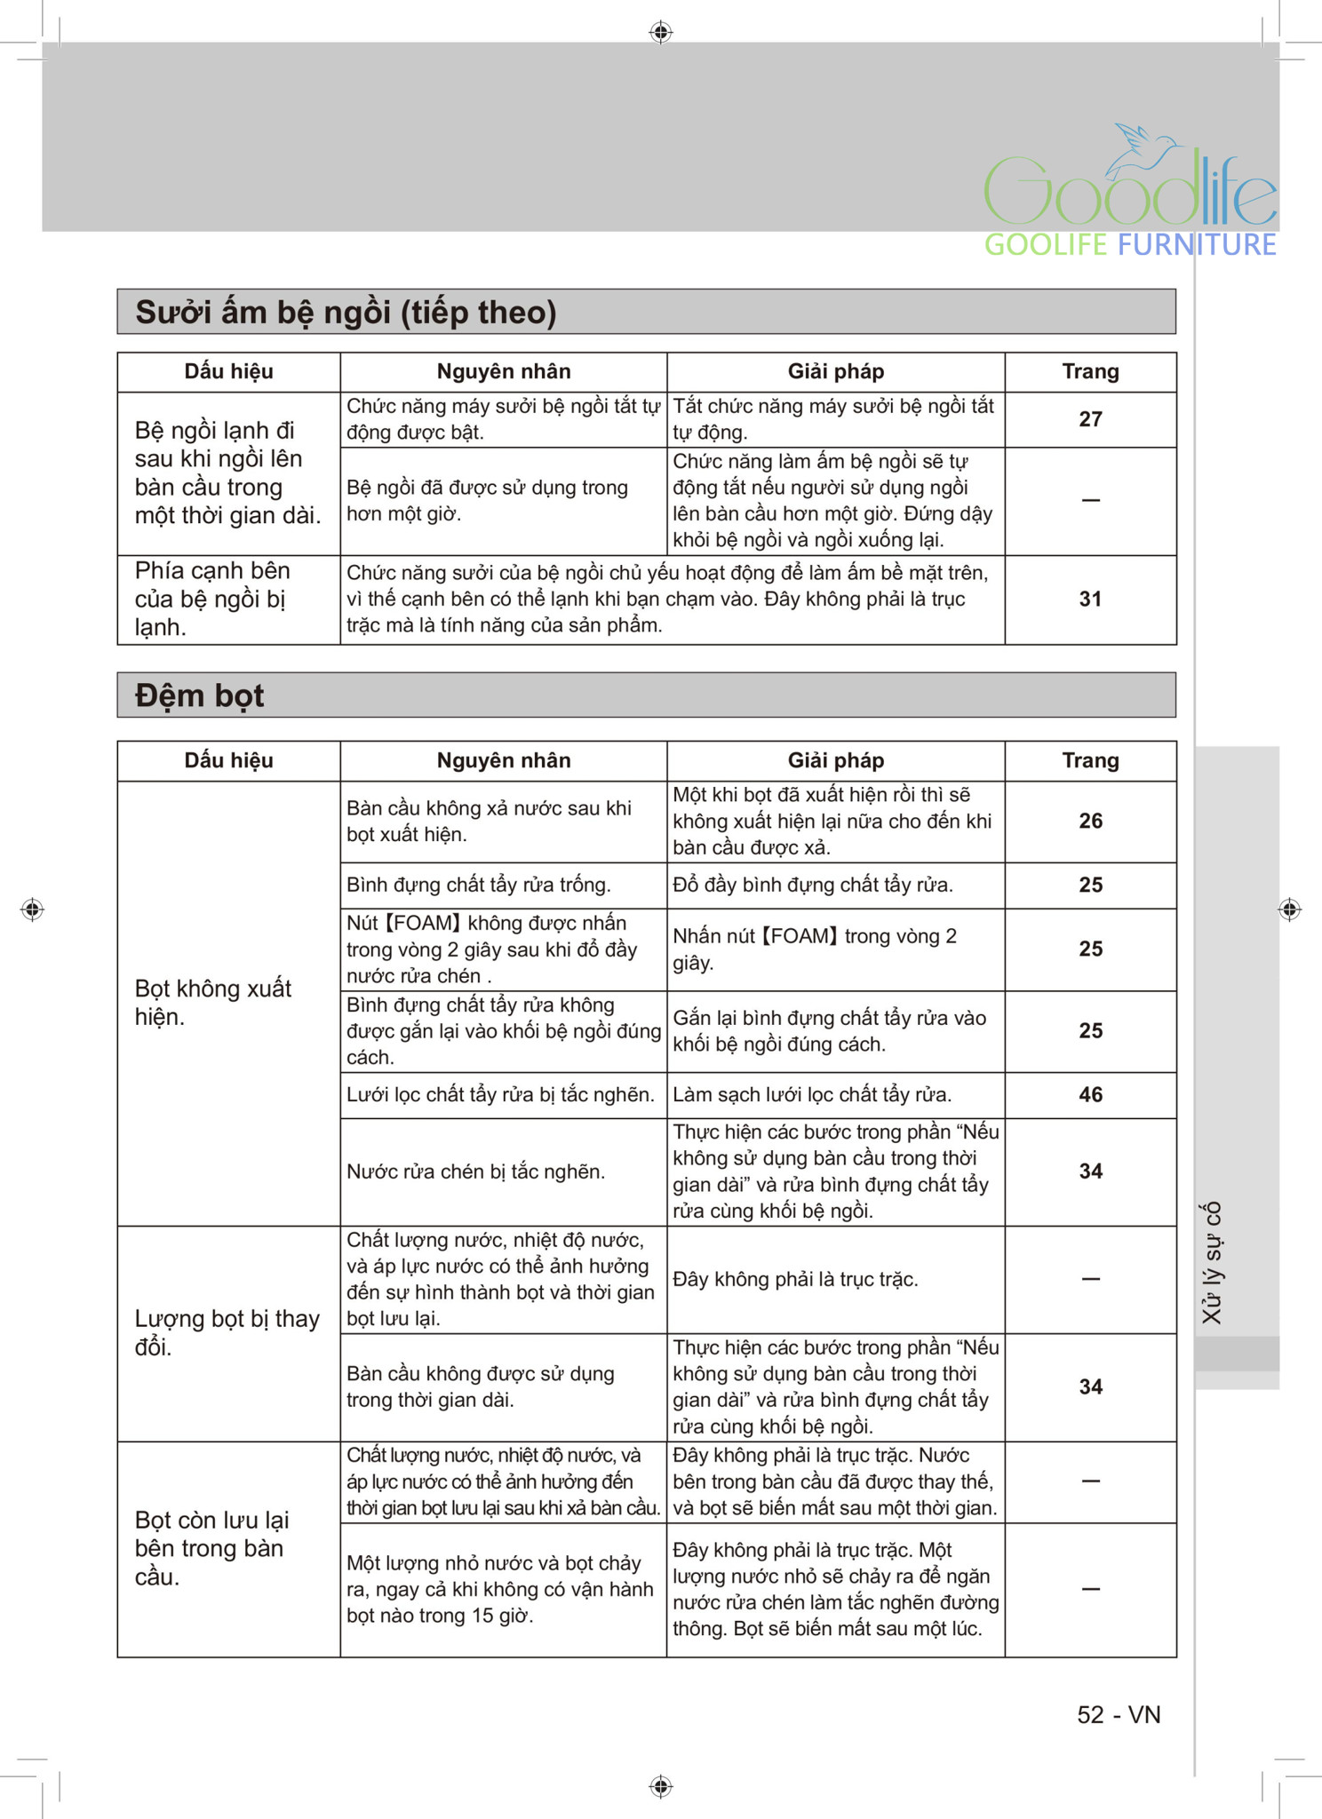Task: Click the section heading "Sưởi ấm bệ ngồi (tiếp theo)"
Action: click(x=346, y=313)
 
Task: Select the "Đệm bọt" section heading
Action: click(x=200, y=695)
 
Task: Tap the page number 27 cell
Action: click(x=1090, y=419)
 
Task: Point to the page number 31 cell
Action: click(x=1090, y=600)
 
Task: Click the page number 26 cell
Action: click(x=1090, y=822)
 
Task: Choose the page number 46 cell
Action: click(x=1090, y=1095)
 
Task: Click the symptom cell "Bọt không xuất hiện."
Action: click(x=213, y=1003)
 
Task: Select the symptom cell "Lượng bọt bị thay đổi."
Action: click(x=227, y=1332)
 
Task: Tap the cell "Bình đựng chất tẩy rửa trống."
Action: click(x=478, y=886)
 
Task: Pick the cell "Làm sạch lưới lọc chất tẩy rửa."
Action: click(x=812, y=1095)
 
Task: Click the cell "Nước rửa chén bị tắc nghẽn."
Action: click(x=475, y=1172)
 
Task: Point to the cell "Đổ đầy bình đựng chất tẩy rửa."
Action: click(x=812, y=886)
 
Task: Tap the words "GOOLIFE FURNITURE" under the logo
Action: click(x=1130, y=245)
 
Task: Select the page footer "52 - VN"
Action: click(x=1119, y=1714)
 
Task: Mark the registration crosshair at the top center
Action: click(x=660, y=33)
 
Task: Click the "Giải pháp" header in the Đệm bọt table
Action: click(x=835, y=761)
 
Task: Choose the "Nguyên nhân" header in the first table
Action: click(x=503, y=372)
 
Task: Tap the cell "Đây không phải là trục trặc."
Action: click(x=795, y=1280)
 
